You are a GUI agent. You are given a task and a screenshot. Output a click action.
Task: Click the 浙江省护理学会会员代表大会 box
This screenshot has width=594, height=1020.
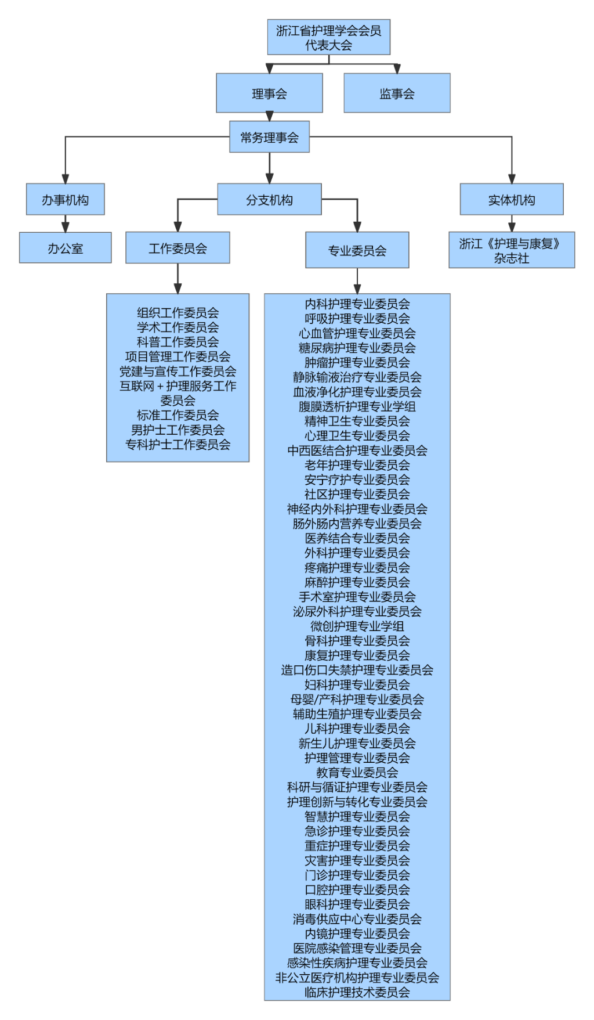tap(328, 37)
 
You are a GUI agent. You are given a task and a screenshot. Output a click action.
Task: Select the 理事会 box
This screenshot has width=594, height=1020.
tap(269, 93)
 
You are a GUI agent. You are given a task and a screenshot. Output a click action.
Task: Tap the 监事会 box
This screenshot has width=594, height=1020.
tap(397, 93)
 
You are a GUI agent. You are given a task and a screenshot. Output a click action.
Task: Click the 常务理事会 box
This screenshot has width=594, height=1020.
tap(269, 137)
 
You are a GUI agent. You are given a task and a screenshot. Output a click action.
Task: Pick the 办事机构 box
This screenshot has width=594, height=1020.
tap(65, 200)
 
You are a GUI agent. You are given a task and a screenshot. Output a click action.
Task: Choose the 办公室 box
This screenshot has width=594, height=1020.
tap(65, 248)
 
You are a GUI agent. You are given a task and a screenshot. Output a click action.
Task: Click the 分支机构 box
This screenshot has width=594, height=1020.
tap(269, 200)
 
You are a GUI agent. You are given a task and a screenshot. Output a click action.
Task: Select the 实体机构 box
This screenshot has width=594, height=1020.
tap(511, 200)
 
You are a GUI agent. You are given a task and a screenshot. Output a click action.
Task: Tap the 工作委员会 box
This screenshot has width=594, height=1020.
tap(178, 248)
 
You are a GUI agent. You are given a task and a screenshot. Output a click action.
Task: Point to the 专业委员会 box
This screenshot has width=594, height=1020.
tap(357, 250)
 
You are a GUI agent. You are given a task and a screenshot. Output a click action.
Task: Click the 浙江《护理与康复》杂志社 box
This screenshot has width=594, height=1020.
tap(511, 250)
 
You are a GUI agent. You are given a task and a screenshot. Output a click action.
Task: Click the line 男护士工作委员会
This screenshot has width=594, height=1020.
tap(178, 430)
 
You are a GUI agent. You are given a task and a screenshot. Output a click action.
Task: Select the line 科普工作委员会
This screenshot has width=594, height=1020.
tap(178, 342)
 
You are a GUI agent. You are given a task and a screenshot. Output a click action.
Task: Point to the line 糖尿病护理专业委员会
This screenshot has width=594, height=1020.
tap(357, 348)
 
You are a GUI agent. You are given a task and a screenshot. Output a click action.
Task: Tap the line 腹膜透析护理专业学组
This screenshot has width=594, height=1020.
tap(357, 406)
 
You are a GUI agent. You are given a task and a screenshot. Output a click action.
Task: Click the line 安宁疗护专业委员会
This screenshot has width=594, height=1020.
tap(357, 480)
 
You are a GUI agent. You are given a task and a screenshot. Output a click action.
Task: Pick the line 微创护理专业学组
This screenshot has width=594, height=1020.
tap(357, 626)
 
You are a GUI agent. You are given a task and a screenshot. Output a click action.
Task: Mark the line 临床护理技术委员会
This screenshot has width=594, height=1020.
tap(357, 992)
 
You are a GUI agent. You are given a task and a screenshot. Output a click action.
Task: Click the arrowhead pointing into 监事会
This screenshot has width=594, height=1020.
tap(397, 69)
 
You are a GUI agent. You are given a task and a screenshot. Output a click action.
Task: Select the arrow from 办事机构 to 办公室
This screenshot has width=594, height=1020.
tap(65, 224)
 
